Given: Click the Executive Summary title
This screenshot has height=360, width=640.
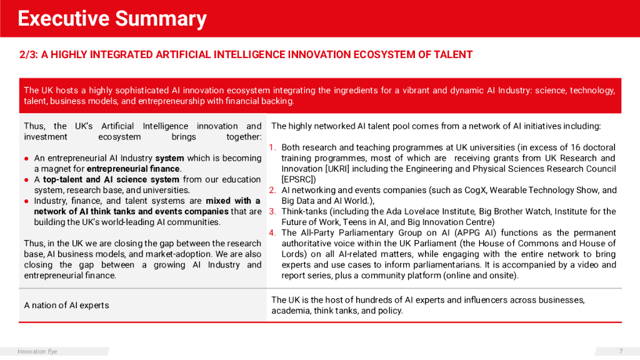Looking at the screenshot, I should pyautogui.click(x=112, y=19).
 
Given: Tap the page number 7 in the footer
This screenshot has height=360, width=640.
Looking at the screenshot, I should pyautogui.click(x=621, y=351).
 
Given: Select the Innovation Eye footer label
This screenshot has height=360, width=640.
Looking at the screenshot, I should pyautogui.click(x=37, y=351).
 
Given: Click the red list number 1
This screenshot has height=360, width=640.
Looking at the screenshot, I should pyautogui.click(x=272, y=147).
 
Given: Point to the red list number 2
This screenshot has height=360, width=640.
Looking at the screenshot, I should pyautogui.click(x=272, y=190).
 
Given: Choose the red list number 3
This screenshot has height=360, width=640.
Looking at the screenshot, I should pyautogui.click(x=272, y=211).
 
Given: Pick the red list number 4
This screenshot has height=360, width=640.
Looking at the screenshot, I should pyautogui.click(x=272, y=232).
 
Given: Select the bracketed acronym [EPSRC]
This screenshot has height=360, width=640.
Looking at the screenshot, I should pyautogui.click(x=299, y=179).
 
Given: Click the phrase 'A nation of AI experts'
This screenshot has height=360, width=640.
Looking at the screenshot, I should pyautogui.click(x=66, y=305).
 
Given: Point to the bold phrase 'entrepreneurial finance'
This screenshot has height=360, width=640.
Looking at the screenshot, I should pyautogui.click(x=133, y=169).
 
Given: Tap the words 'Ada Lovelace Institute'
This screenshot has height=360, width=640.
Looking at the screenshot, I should pyautogui.click(x=417, y=211).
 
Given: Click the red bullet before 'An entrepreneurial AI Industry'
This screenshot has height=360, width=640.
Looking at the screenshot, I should pyautogui.click(x=27, y=158).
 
